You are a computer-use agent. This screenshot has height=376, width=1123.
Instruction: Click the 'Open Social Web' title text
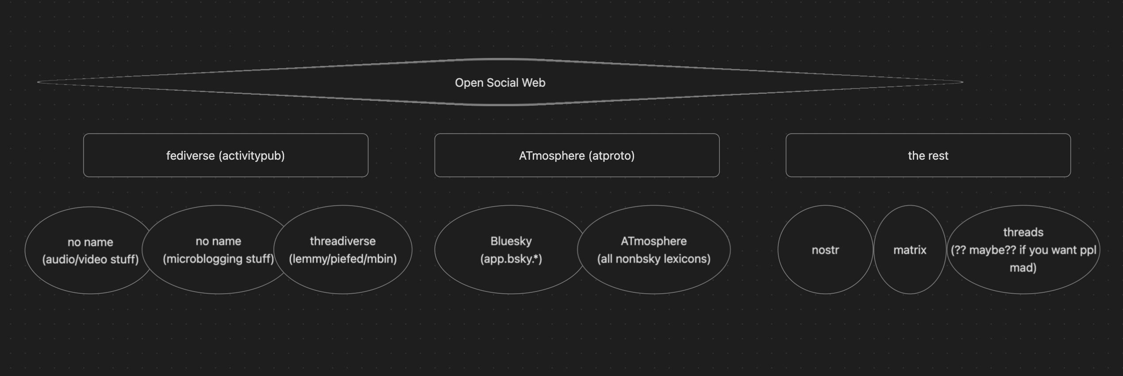(x=500, y=83)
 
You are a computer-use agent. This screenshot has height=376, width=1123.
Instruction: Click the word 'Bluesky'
(x=511, y=241)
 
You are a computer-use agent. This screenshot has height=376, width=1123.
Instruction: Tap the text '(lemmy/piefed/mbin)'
(x=343, y=259)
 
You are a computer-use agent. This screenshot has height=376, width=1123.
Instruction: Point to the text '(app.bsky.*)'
(x=511, y=259)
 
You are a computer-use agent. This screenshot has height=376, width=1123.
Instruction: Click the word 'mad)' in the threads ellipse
(x=1023, y=268)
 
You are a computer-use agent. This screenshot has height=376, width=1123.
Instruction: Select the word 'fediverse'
(x=190, y=156)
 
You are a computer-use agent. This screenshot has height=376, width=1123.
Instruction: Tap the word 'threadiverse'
(x=343, y=241)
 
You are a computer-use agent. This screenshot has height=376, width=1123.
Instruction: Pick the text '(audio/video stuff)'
(x=90, y=259)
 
